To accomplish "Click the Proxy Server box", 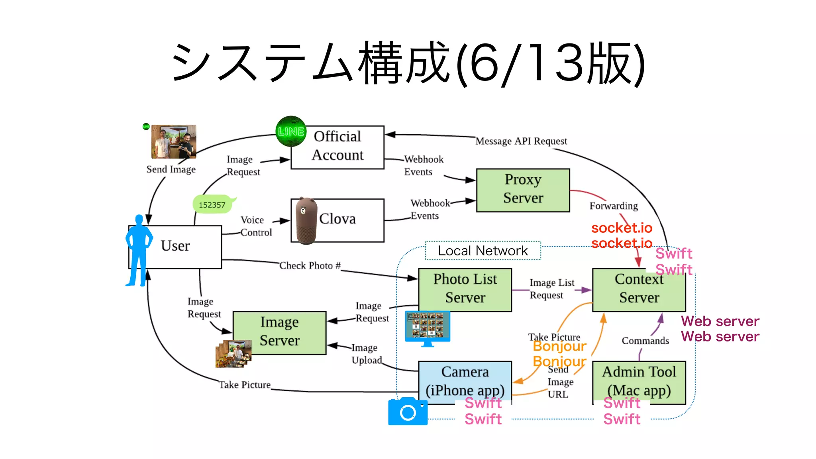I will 523,190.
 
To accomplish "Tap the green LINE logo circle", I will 291,131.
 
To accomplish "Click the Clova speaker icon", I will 306,220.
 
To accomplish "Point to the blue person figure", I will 138,251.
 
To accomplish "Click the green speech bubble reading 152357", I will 213,204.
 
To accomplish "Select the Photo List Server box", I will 465,290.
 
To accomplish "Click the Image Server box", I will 279,333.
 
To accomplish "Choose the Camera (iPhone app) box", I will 465,382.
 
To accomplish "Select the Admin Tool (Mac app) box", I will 639,382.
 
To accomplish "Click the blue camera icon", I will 408,412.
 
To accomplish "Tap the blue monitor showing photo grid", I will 427,328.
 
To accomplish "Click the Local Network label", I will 483,251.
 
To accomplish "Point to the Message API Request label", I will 521,141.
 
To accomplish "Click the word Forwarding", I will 613,206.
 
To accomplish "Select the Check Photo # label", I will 310,265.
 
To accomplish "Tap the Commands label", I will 645,341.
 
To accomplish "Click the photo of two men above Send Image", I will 174,141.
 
